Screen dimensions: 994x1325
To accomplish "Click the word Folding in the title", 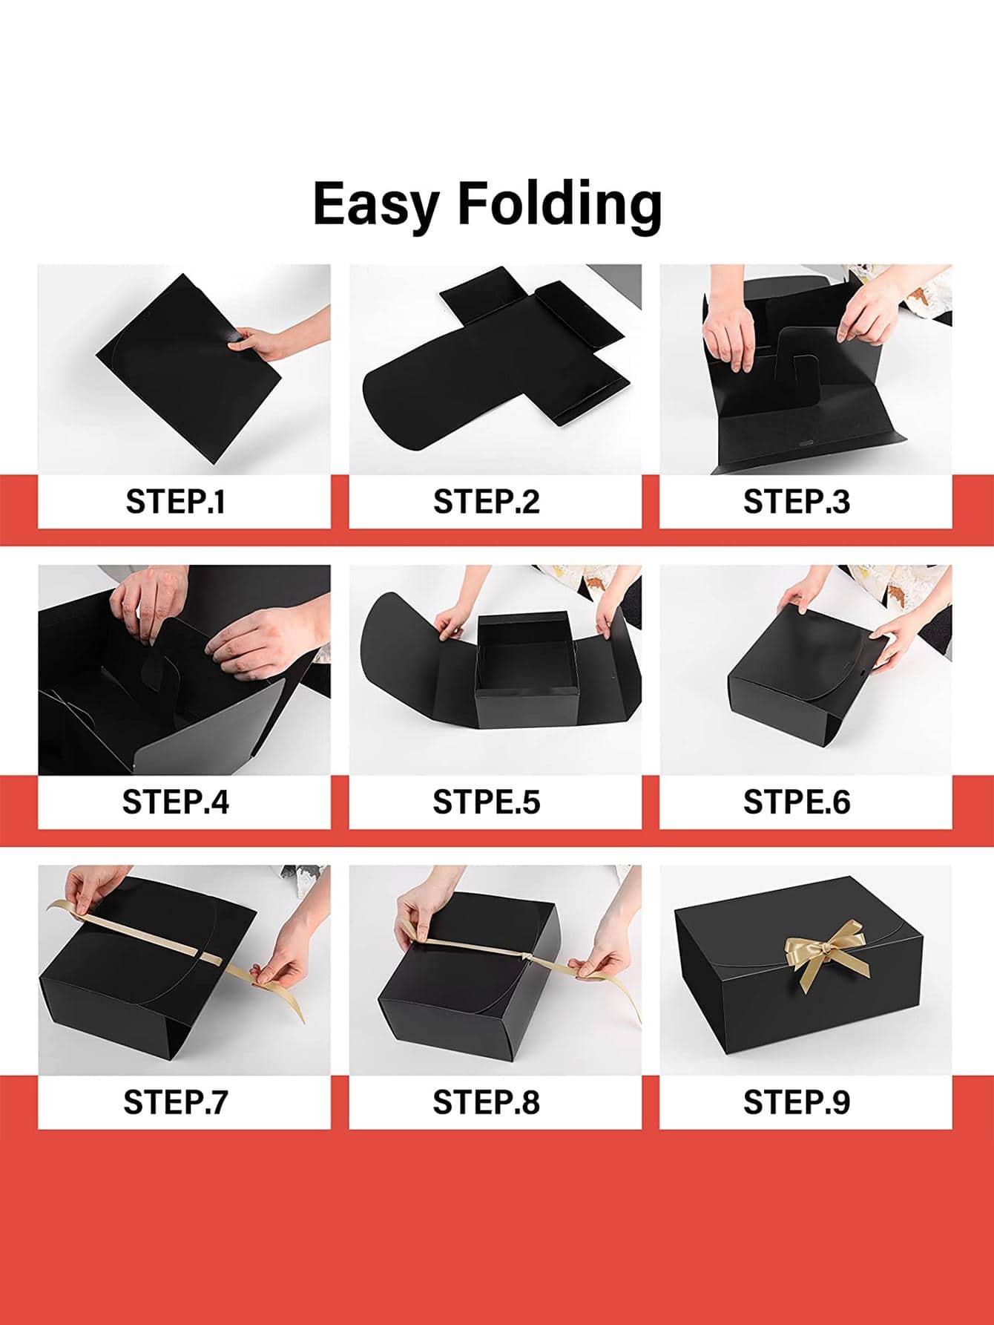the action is click(x=559, y=204).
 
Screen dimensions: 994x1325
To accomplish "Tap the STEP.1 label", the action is click(x=176, y=503).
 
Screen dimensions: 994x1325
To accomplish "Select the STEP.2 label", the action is click(x=487, y=503).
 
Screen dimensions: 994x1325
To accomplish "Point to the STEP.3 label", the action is click(x=797, y=503).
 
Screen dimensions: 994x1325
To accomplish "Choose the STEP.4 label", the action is click(x=176, y=802).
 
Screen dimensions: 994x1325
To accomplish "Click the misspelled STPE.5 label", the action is click(x=487, y=802).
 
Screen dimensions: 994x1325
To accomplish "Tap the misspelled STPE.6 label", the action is click(x=797, y=802).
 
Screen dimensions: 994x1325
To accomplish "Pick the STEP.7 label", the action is click(x=176, y=1102).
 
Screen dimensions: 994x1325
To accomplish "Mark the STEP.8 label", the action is click(x=487, y=1102).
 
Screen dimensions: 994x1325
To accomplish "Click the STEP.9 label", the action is click(x=797, y=1102).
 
